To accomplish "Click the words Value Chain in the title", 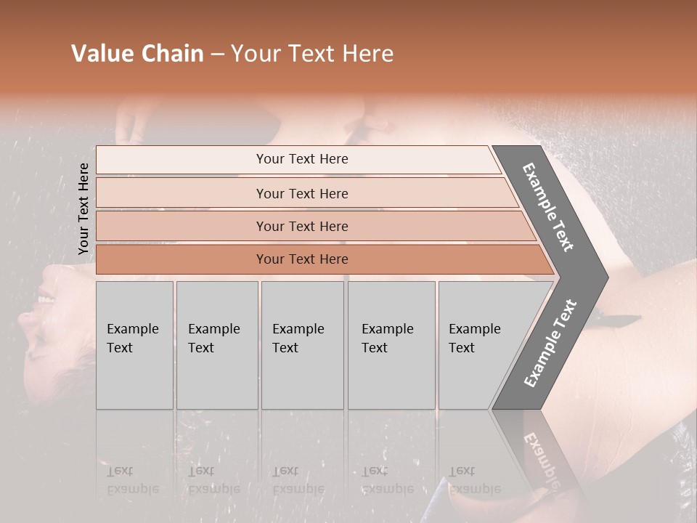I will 137,54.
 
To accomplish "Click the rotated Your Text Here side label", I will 83,208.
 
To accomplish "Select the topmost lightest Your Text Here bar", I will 301,159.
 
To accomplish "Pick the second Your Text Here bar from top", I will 301,193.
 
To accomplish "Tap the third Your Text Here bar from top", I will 301,226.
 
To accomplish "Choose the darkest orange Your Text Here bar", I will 301,259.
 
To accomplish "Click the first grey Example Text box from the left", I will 134,345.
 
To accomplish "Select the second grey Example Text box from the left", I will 216,345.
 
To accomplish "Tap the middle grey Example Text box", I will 301,345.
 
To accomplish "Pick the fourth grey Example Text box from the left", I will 391,345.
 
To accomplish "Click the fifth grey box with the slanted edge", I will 479,345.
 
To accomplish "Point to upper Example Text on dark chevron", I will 549,207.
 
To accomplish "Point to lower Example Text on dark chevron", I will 550,343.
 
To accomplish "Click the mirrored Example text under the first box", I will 133,489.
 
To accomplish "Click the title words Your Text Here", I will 312,54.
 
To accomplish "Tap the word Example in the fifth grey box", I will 474,329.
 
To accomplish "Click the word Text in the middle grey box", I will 285,348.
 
